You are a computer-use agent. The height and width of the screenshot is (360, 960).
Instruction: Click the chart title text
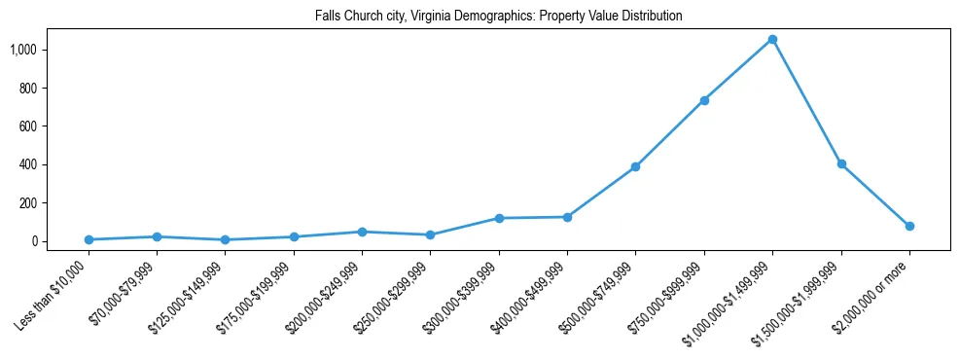tap(498, 17)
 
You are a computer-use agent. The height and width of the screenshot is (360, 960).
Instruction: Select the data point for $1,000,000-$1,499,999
tap(772, 40)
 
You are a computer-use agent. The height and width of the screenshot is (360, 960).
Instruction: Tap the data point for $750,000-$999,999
tap(704, 100)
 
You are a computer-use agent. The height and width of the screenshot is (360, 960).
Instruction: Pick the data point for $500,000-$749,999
tap(635, 167)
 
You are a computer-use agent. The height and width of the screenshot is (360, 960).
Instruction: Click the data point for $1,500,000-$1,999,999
tap(841, 164)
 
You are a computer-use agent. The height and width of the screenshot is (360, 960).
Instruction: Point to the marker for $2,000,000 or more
tap(909, 226)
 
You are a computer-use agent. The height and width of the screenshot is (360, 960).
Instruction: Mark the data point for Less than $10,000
tap(89, 239)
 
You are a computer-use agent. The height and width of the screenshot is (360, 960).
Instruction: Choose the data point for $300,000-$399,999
tap(499, 218)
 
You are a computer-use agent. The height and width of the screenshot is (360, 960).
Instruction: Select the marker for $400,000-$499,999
tap(567, 217)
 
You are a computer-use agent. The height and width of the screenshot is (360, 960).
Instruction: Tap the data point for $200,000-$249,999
tap(362, 232)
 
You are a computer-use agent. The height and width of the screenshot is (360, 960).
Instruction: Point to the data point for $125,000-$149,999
tap(225, 239)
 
